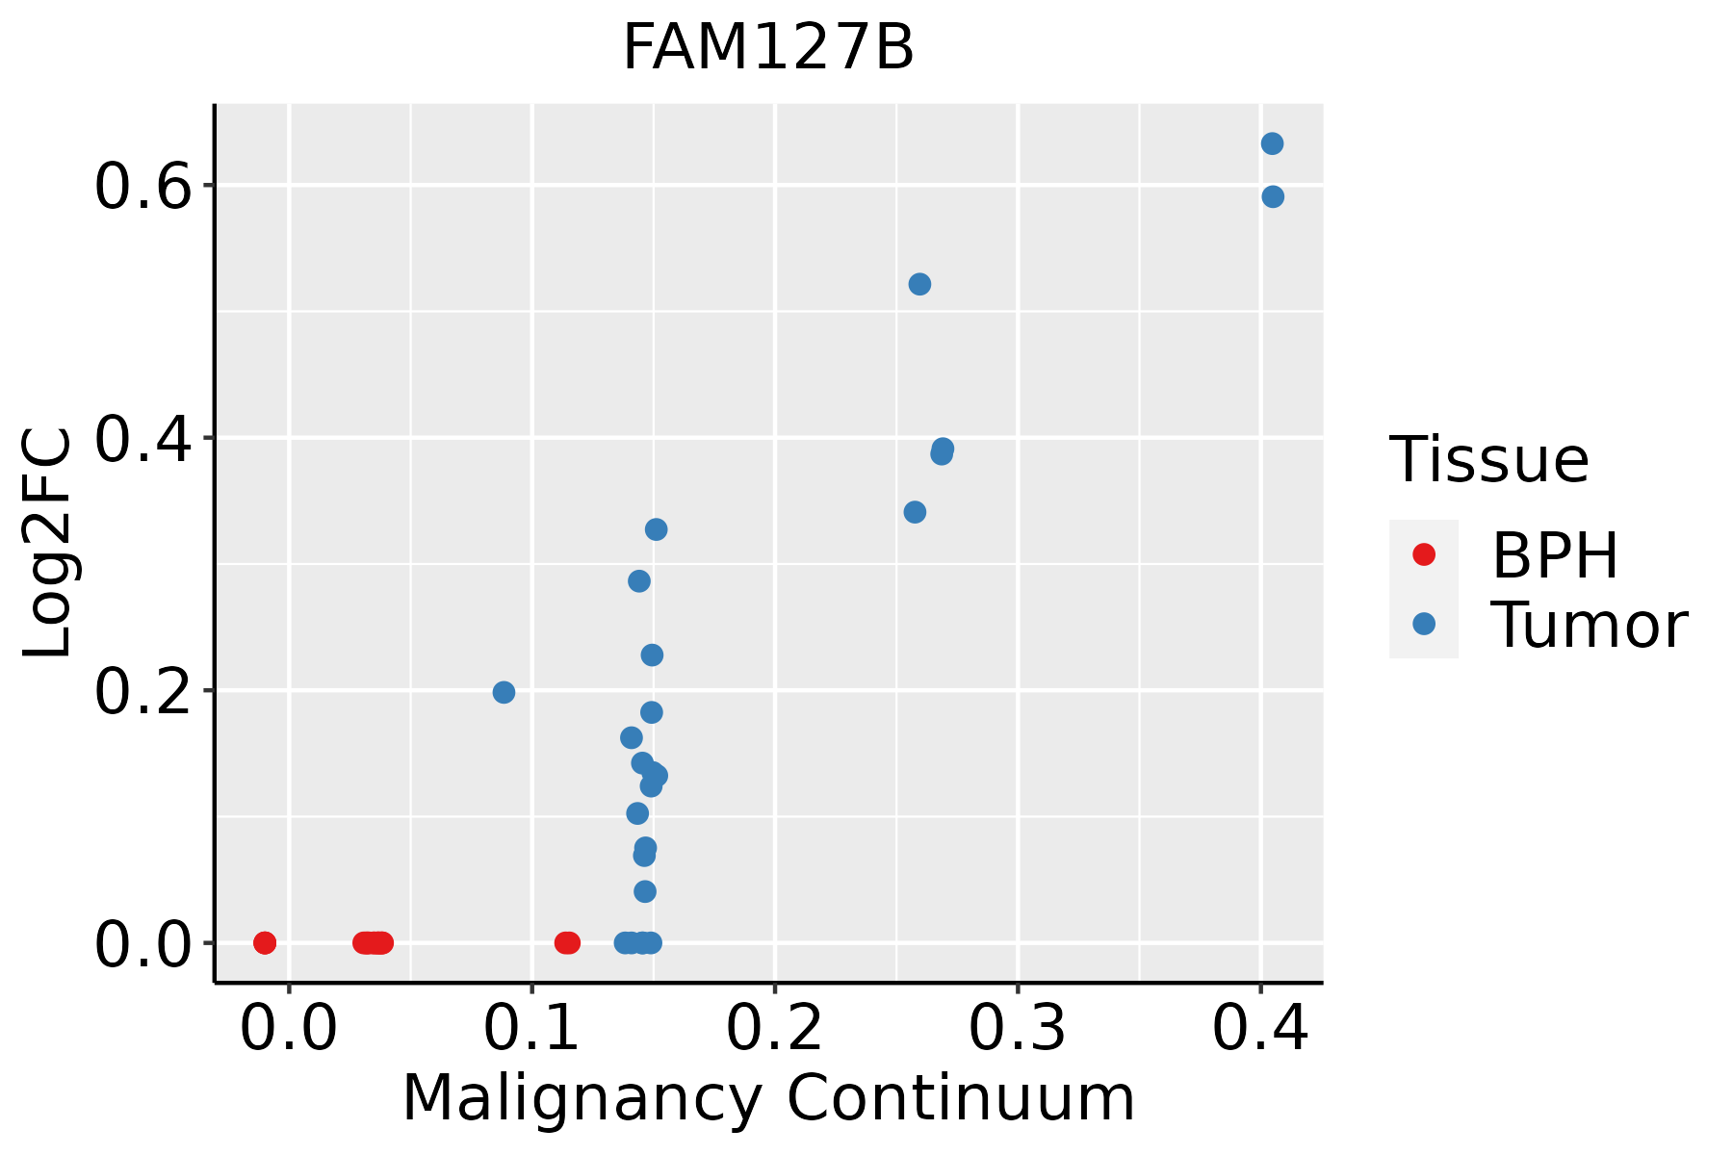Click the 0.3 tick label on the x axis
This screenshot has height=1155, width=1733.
(1017, 1029)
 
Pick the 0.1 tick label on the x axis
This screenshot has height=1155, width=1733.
(531, 1029)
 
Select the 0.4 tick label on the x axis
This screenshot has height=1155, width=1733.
(1259, 1029)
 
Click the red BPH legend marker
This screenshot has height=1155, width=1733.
(1423, 554)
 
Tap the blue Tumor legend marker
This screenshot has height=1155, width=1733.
(1423, 624)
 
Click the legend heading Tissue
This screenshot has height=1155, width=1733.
(1488, 460)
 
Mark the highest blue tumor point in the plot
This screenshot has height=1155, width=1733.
(1272, 143)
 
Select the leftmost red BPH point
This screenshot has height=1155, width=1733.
(265, 942)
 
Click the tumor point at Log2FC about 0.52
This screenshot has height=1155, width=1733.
(919, 284)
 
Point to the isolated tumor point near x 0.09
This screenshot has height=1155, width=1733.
(504, 692)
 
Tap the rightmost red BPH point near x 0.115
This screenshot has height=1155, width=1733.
(569, 942)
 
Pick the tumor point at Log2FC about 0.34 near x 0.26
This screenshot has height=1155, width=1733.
(915, 512)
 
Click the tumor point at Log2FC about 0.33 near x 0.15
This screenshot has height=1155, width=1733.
(656, 529)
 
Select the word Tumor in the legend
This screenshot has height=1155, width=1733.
(1589, 626)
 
